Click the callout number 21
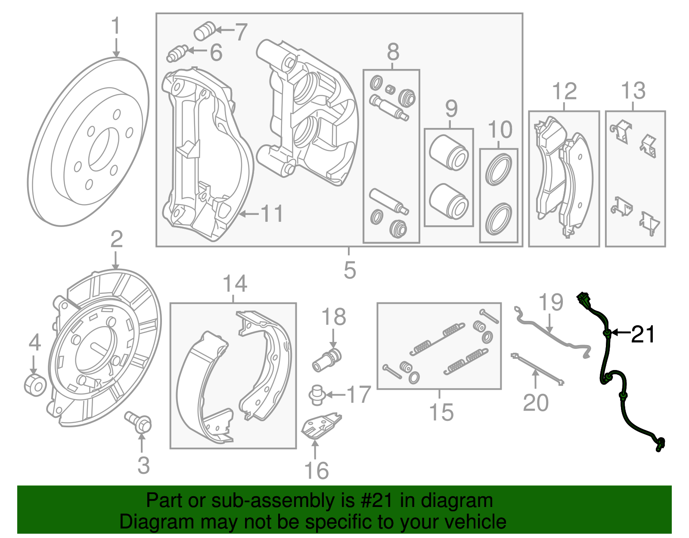coord(643,334)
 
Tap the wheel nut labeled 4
coord(34,385)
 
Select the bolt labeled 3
coord(139,422)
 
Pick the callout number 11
coord(272,214)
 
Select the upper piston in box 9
coord(449,152)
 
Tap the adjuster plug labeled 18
coord(327,361)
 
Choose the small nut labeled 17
coord(317,395)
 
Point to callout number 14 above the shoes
coord(235,284)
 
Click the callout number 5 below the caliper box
coord(350,270)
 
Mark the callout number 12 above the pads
coord(564,91)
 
